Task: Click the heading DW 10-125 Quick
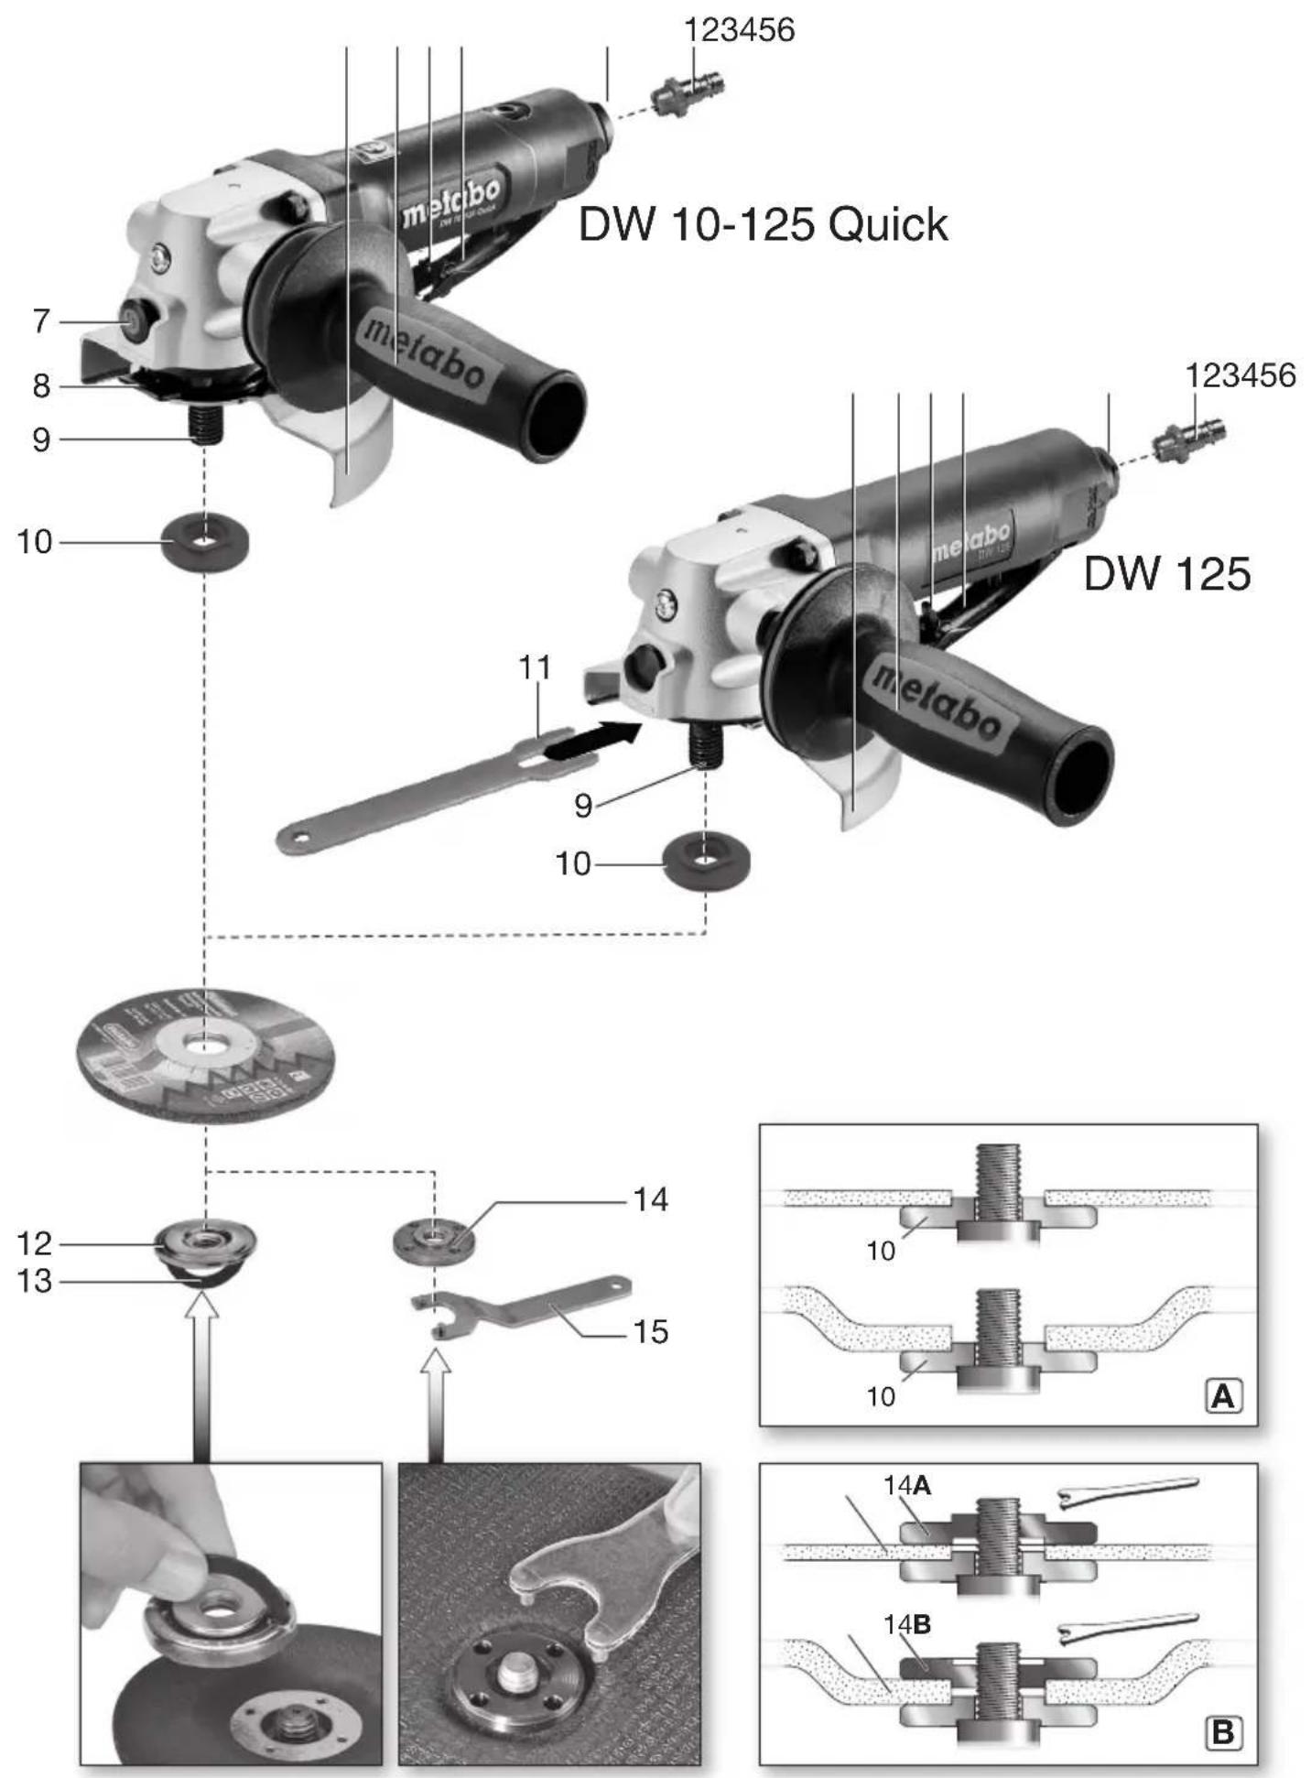[x=763, y=225]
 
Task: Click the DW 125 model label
[x=1166, y=574]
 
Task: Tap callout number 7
[x=41, y=321]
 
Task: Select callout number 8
[x=41, y=386]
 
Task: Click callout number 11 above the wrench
[x=536, y=667]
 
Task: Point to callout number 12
[x=35, y=1243]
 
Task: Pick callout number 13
[x=35, y=1281]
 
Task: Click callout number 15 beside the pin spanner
[x=650, y=1331]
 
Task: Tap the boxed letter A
[x=1223, y=1396]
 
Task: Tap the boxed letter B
[x=1223, y=1733]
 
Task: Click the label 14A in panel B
[x=906, y=1485]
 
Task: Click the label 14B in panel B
[x=906, y=1625]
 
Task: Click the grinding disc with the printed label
[x=205, y=1053]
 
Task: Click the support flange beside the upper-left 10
[x=205, y=542]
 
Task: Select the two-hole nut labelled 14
[x=436, y=1241]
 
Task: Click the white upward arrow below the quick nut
[x=201, y=1373]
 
